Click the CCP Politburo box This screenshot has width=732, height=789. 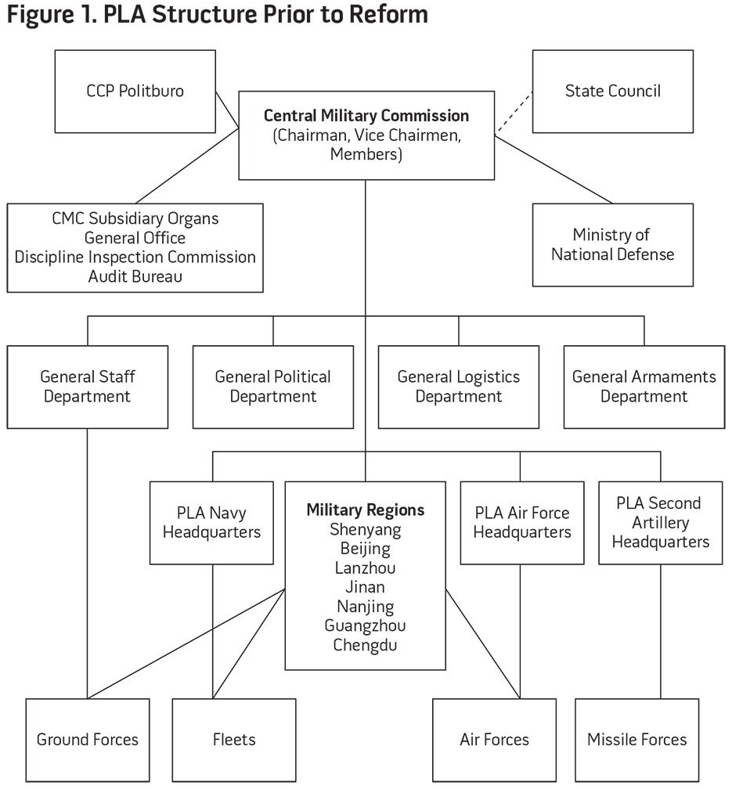click(x=135, y=91)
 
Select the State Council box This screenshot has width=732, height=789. click(x=613, y=91)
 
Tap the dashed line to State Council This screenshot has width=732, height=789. click(x=514, y=113)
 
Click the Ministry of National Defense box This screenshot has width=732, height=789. click(x=613, y=244)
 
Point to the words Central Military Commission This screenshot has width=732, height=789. click(x=366, y=116)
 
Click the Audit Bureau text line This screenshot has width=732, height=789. click(x=135, y=276)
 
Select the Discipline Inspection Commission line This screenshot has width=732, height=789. click(x=135, y=257)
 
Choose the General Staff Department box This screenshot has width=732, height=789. click(x=87, y=387)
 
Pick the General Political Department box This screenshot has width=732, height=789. click(x=273, y=387)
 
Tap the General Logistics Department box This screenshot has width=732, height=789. click(x=459, y=387)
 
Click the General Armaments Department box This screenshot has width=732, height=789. click(x=644, y=387)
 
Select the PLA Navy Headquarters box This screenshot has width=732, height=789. click(x=211, y=523)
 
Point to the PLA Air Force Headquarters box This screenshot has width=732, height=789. click(x=522, y=523)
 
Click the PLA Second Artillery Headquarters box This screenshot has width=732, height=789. click(x=661, y=523)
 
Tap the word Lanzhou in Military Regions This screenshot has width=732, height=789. click(x=365, y=568)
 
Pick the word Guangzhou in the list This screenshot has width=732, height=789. click(x=365, y=626)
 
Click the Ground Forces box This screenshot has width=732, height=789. click(x=87, y=740)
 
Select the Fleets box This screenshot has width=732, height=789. click(x=234, y=740)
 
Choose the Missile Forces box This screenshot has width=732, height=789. click(x=636, y=740)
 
